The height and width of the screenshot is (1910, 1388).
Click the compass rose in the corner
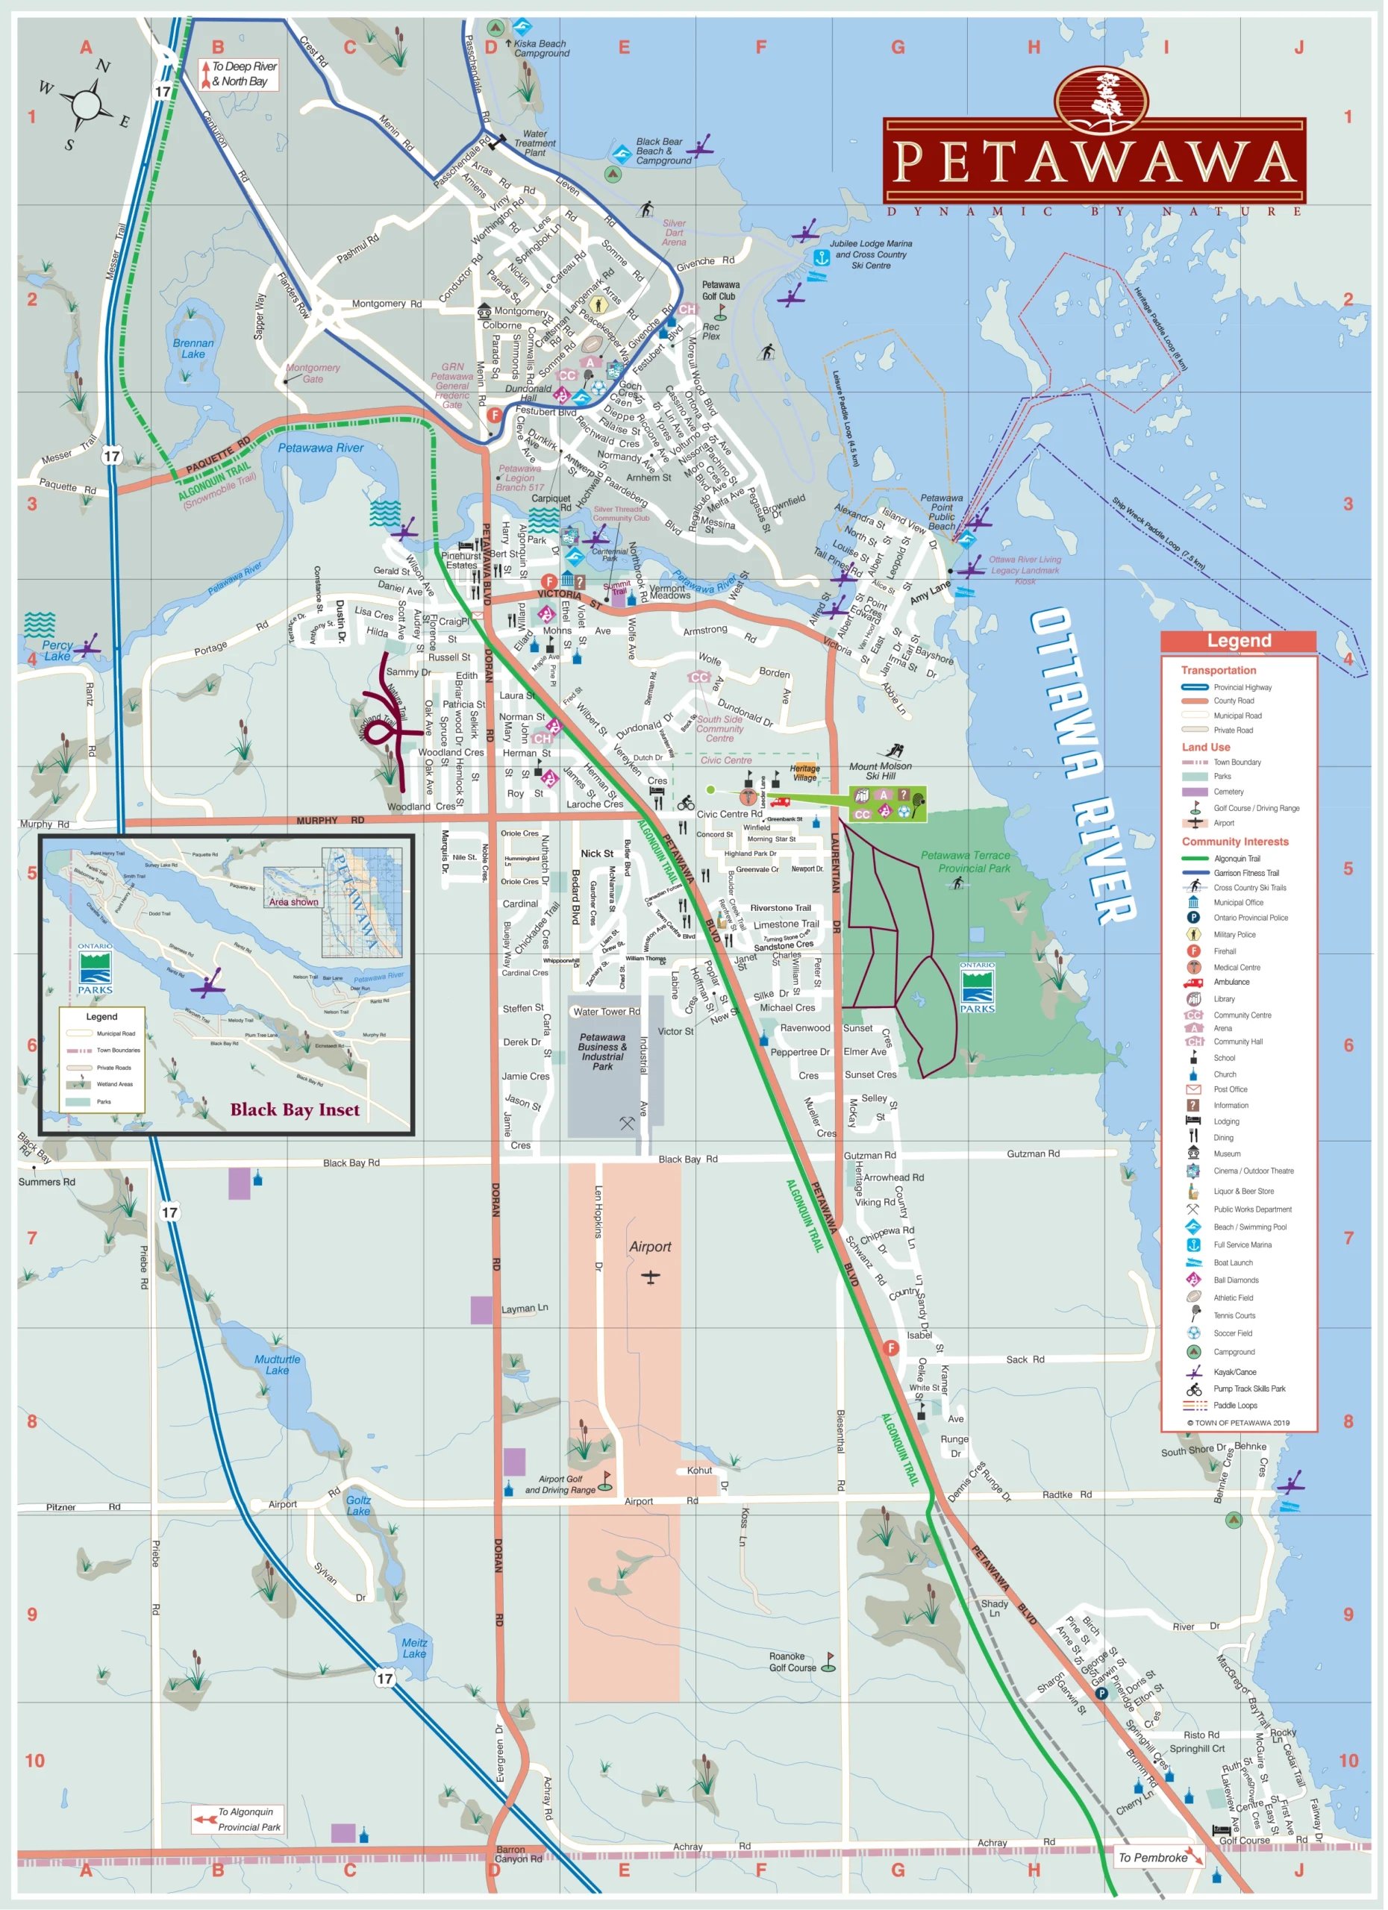click(85, 105)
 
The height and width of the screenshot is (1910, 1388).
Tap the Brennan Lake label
click(193, 348)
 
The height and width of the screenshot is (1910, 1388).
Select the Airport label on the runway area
click(650, 1247)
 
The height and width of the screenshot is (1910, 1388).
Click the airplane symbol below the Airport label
click(650, 1277)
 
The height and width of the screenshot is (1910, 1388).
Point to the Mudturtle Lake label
click(277, 1365)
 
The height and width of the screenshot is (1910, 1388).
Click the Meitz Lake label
click(413, 1648)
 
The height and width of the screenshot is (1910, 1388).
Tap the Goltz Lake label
click(358, 1505)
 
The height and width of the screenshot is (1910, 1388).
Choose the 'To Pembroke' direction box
click(1158, 1857)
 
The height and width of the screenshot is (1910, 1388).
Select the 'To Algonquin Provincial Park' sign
click(237, 1819)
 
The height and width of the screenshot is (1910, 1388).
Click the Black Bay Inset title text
click(295, 1110)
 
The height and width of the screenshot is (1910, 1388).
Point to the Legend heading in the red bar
click(1238, 641)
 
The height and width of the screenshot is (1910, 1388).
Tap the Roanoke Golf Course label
click(793, 1662)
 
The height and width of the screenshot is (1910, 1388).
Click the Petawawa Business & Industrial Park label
click(602, 1052)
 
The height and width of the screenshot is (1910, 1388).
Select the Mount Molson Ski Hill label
click(880, 771)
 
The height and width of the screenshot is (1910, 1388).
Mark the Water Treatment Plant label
click(535, 143)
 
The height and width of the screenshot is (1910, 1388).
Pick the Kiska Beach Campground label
click(541, 48)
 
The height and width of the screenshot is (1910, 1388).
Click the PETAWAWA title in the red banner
click(1093, 162)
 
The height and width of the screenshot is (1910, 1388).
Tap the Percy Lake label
click(57, 650)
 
